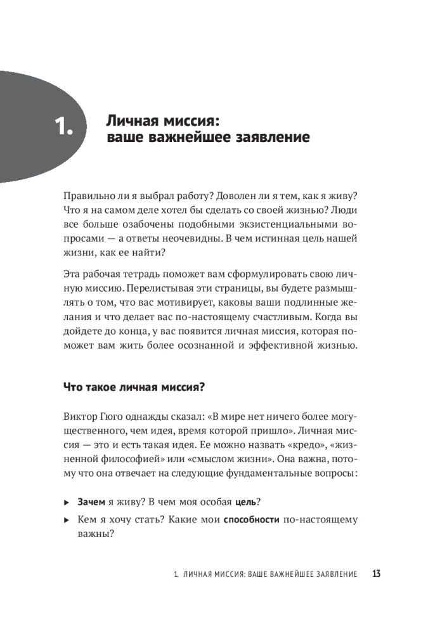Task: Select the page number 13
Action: click(376, 574)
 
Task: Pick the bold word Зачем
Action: click(91, 501)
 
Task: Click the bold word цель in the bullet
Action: click(245, 501)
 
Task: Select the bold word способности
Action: click(252, 520)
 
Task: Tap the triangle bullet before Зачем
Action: click(67, 502)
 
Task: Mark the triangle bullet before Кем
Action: click(67, 521)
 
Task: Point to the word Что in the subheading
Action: click(74, 387)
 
